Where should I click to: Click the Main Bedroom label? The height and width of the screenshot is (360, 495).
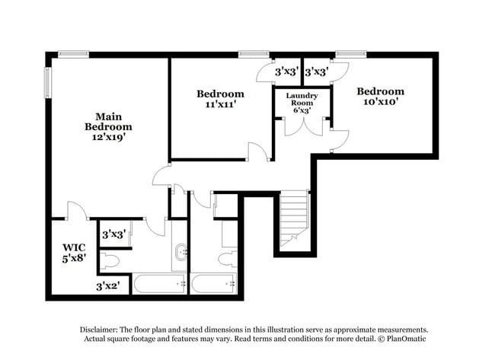(x=108, y=122)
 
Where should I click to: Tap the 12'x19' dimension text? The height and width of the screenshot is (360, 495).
(x=108, y=138)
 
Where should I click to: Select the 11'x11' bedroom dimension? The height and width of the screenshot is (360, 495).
(x=220, y=105)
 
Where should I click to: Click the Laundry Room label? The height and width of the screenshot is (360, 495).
(x=302, y=100)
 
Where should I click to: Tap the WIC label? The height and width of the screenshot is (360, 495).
(x=74, y=247)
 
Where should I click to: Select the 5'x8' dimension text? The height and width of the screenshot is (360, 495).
(x=74, y=258)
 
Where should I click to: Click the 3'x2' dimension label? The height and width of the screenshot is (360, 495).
(x=108, y=286)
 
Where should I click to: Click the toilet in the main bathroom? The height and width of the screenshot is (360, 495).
(x=110, y=262)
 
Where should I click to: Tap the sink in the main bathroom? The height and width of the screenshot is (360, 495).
(x=180, y=252)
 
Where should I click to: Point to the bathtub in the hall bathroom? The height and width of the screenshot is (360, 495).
(x=216, y=284)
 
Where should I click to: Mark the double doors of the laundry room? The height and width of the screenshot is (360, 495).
(x=302, y=126)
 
